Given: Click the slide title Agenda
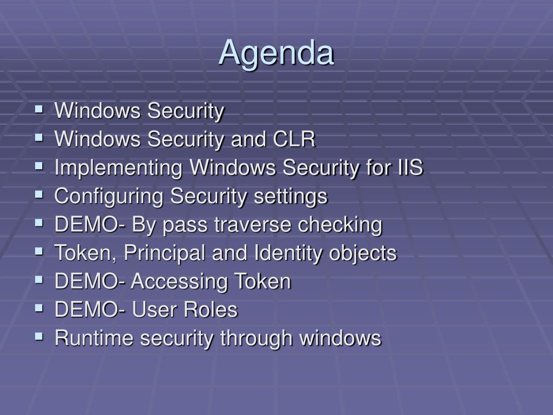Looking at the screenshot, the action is [x=276, y=53].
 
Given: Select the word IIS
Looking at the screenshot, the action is [x=410, y=167].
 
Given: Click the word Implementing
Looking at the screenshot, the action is [x=118, y=168].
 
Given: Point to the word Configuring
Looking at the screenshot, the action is [x=109, y=197].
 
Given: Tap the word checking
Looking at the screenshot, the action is [x=340, y=225].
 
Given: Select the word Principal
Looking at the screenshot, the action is [x=164, y=253].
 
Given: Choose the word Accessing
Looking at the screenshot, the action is [x=179, y=282].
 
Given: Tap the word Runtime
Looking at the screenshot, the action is [x=94, y=338].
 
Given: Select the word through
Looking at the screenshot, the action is [x=257, y=339].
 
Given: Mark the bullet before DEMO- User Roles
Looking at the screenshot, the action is [x=39, y=308].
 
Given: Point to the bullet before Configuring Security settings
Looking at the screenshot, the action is [x=39, y=194].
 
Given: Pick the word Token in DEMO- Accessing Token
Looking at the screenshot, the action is [x=263, y=281].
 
